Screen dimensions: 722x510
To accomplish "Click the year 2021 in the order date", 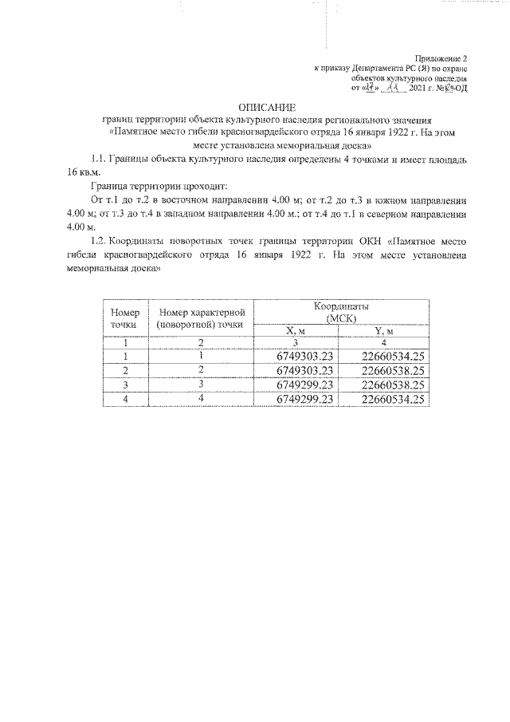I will point(417,88).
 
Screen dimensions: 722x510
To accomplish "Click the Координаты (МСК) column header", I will point(340,312).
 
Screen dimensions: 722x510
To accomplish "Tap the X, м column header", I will point(296,331).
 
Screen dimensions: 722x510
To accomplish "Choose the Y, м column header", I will point(383,331).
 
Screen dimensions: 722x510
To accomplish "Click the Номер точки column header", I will point(125,318).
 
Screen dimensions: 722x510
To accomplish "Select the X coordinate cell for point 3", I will point(304,385).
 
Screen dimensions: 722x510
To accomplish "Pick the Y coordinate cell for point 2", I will point(391,371).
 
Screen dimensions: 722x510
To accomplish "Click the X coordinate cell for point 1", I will point(304,357).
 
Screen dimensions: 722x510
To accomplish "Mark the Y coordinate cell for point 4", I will point(391,400).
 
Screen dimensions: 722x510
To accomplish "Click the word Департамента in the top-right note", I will point(379,69).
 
